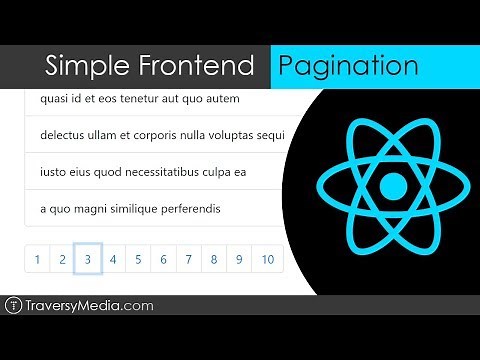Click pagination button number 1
(x=37, y=260)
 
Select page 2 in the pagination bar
(x=62, y=260)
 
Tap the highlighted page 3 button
(x=88, y=260)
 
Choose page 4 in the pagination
(x=113, y=260)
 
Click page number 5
(x=138, y=260)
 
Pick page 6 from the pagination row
(x=163, y=260)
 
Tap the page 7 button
(x=188, y=260)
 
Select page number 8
(x=213, y=260)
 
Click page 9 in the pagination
(x=239, y=260)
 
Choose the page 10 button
(x=267, y=260)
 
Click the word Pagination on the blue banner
(x=348, y=66)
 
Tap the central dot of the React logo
(x=394, y=186)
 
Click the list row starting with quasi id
(x=140, y=99)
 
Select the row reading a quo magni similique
(x=130, y=208)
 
